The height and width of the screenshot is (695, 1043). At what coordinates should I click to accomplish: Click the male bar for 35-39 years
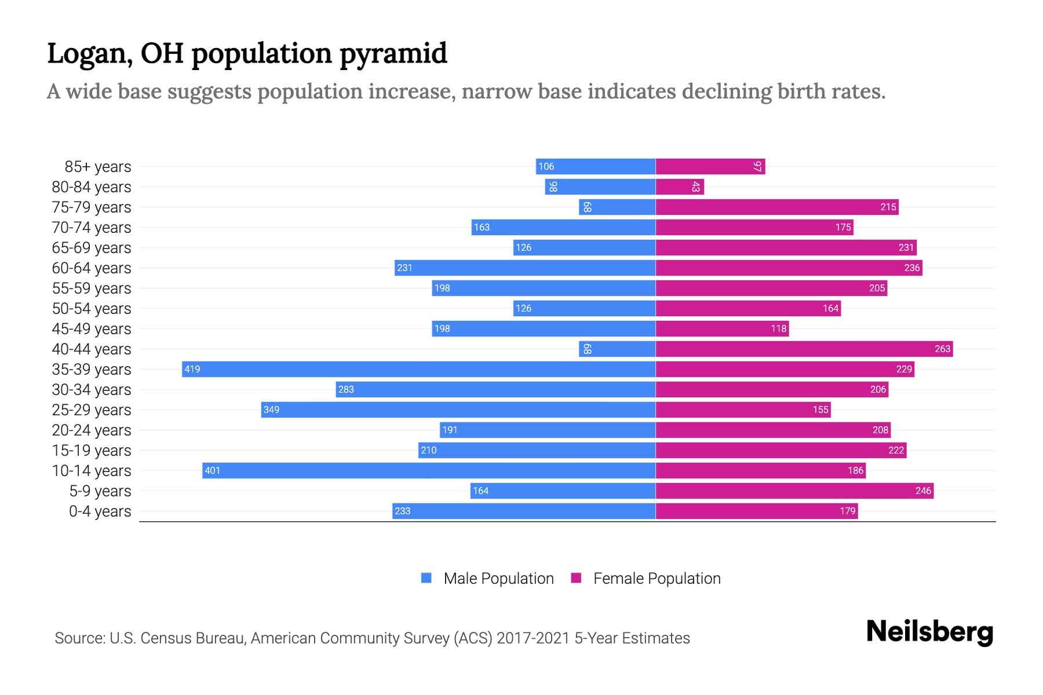[x=418, y=369]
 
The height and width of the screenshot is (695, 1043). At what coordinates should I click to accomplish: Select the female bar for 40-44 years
[x=804, y=349]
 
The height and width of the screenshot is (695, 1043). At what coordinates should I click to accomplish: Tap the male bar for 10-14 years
[x=429, y=470]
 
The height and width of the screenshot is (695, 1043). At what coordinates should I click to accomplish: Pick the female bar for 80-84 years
[x=679, y=186]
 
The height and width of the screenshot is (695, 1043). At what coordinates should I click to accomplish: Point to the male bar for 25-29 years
[x=458, y=409]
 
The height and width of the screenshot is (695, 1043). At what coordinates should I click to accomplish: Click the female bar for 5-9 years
[x=794, y=491]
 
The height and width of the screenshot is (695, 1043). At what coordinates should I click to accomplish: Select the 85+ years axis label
[x=98, y=167]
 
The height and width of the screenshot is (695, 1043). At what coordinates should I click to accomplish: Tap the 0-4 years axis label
[x=100, y=511]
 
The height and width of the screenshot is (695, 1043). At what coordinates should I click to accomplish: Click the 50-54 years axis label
[x=92, y=309]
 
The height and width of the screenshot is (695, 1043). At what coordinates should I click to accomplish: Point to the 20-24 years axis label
[x=92, y=430]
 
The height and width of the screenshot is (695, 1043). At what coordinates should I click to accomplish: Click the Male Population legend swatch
[x=426, y=578]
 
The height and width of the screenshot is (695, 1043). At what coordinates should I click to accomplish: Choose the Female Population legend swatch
[x=576, y=578]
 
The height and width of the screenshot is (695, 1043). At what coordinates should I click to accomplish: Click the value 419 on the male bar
[x=192, y=369]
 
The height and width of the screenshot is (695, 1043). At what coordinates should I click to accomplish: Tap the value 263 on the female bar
[x=942, y=349]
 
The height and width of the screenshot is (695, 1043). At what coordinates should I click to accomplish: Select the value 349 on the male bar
[x=271, y=409]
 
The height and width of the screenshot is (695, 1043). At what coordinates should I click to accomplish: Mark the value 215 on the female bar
[x=888, y=207]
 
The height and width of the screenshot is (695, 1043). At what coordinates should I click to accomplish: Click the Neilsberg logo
[x=929, y=632]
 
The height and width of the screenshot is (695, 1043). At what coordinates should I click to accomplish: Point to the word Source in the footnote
[x=79, y=638]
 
